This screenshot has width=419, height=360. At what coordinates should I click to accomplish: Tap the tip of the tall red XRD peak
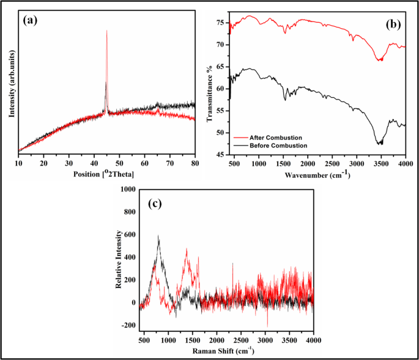coord(107,30)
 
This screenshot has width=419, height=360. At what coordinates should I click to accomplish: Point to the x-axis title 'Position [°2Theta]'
coord(107,175)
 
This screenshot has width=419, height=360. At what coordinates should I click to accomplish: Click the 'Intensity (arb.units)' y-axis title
coord(11,83)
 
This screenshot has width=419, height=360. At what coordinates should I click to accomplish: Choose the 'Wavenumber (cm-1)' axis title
coord(317,175)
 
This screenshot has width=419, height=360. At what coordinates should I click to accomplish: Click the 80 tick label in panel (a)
coord(195,164)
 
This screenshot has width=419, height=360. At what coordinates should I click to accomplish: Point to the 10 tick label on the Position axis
coord(19,164)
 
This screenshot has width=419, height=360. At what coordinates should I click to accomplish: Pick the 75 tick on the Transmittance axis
coord(223,22)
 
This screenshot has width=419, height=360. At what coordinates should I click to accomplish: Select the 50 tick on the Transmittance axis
coord(223,133)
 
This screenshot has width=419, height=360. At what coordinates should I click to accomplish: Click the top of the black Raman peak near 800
coord(158,235)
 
